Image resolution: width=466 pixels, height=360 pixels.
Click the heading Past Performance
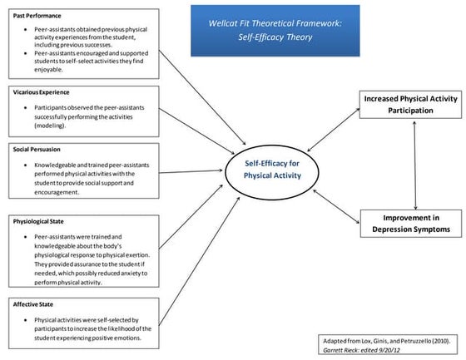pyautogui.click(x=37, y=16)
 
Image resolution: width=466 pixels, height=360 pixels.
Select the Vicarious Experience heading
pyautogui.click(x=41, y=92)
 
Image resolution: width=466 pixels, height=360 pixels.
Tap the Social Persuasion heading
pyautogui.click(x=37, y=150)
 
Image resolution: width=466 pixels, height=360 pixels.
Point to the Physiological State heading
pyautogui.click(x=38, y=222)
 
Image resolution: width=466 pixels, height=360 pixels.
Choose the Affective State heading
pyautogui.click(x=33, y=304)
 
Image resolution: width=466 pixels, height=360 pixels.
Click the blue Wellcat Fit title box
pyautogui.click(x=275, y=31)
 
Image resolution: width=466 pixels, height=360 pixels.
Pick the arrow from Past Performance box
pyautogui.click(x=202, y=98)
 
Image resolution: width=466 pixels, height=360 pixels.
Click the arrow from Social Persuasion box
pyautogui.click(x=191, y=171)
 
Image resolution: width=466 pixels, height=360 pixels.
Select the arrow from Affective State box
pyautogui.click(x=200, y=261)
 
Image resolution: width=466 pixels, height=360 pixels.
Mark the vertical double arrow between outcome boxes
pyautogui.click(x=415, y=165)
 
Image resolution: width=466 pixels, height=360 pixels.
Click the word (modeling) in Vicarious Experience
pyautogui.click(x=50, y=126)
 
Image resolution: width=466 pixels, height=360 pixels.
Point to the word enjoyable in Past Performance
pyautogui.click(x=48, y=70)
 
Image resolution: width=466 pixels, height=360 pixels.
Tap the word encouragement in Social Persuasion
pyautogui.click(x=57, y=192)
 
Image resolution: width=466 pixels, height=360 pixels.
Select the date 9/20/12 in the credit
pyautogui.click(x=389, y=350)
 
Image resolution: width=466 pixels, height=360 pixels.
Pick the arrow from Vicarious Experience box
pyautogui.click(x=196, y=131)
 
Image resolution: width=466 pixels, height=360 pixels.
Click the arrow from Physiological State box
pyautogui.click(x=191, y=216)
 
